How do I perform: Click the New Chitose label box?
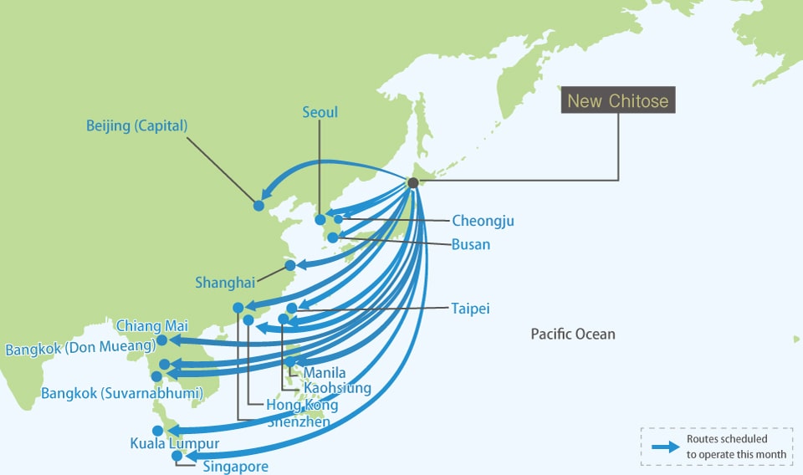point(618,101)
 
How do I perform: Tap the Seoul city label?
point(320,111)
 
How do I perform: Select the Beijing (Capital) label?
point(137,125)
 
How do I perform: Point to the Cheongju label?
point(483,221)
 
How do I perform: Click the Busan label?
point(470,245)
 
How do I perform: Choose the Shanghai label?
point(225,283)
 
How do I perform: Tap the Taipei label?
point(470,309)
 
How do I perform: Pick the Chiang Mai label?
point(152,325)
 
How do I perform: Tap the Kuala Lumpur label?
point(174,443)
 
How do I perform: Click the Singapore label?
point(235,466)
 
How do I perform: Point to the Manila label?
point(325,372)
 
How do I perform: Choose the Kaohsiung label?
point(337,388)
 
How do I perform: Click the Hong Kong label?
point(302,406)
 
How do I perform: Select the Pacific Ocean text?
point(573,335)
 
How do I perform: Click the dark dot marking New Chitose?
point(412,182)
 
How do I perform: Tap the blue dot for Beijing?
point(258,205)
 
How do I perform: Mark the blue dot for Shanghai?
point(290,265)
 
